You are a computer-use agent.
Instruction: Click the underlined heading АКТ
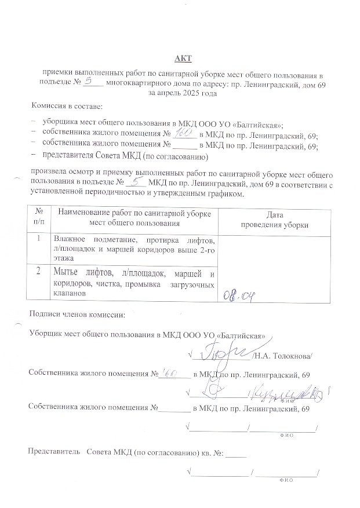(183, 59)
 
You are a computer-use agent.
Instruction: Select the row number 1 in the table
(38, 238)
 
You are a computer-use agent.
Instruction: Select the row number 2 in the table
(38, 272)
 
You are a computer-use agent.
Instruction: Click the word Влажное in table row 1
(68, 239)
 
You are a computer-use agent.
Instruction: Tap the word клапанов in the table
(69, 294)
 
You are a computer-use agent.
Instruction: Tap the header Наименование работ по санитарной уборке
(134, 214)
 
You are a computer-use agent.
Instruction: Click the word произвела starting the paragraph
(48, 174)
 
